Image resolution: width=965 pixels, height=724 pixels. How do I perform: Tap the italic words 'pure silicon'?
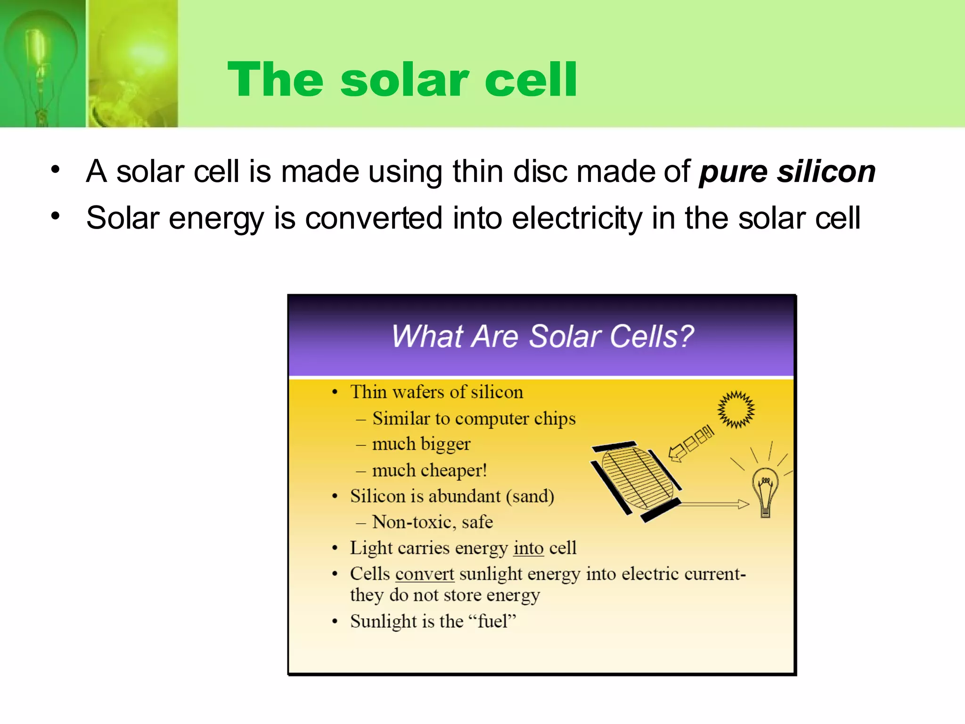pos(787,172)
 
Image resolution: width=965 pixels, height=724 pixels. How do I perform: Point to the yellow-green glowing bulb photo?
pos(133,63)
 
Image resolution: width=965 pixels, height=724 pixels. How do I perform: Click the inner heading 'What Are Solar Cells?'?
pos(542,336)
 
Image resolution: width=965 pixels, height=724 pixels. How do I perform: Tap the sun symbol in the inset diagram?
pos(736,409)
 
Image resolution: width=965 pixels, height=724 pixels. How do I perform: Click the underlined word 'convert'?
pos(425,574)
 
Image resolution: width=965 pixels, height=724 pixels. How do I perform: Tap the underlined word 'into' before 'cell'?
pos(528,548)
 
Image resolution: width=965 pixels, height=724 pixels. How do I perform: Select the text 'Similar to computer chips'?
pos(474,419)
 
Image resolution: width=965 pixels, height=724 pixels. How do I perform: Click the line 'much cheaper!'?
pos(429,470)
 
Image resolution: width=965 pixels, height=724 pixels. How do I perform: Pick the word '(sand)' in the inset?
pos(530,496)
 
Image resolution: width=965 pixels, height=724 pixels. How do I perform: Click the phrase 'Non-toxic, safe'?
pos(432,522)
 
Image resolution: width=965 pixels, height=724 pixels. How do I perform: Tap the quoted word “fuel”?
pos(492,621)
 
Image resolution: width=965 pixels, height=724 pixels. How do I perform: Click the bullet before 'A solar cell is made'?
pos(56,170)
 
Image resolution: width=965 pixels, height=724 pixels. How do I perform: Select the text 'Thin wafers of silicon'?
pos(436,392)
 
